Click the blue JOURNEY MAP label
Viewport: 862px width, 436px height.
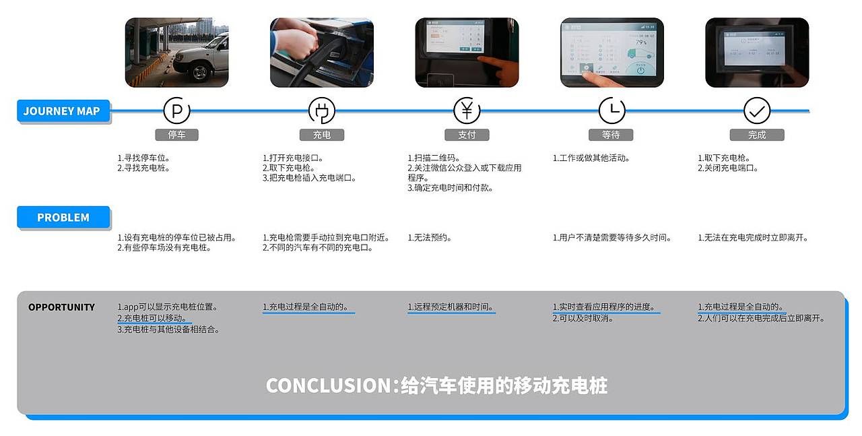tap(62, 111)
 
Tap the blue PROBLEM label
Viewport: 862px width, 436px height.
tap(63, 218)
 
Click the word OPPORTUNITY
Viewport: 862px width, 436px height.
tap(61, 307)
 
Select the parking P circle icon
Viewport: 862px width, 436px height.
tap(177, 111)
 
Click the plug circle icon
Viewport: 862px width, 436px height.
tap(321, 111)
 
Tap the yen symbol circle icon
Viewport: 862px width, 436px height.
tap(467, 111)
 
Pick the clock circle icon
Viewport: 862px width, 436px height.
tap(611, 111)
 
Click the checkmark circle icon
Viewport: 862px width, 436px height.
tap(757, 111)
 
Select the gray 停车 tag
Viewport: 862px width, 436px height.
tap(177, 135)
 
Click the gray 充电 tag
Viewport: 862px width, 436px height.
tap(322, 135)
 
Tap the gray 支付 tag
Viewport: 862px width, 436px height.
tap(467, 135)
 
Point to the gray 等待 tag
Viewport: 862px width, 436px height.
tap(611, 135)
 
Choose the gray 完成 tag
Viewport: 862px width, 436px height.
tap(757, 135)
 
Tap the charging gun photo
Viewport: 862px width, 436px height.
tap(322, 53)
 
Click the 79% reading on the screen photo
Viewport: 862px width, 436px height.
tap(641, 42)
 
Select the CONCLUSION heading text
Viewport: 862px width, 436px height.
tap(436, 385)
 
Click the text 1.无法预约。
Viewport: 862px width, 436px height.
tap(430, 238)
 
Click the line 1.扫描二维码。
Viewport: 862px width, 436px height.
tap(434, 158)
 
